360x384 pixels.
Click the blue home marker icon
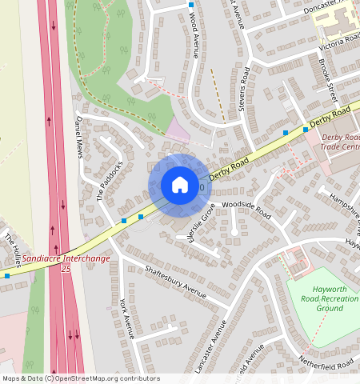click(180, 185)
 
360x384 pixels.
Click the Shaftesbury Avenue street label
click(169, 277)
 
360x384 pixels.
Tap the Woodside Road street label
click(248, 210)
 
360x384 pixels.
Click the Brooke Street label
click(326, 78)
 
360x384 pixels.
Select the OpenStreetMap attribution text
click(81, 378)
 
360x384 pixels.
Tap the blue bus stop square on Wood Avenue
click(191, 5)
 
